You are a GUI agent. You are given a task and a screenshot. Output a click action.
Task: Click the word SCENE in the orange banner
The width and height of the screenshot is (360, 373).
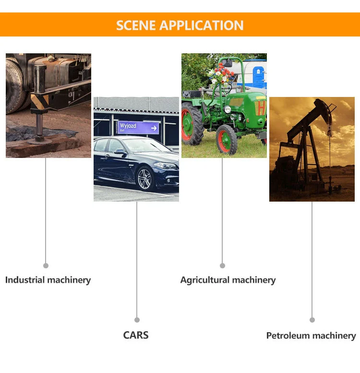[136, 25]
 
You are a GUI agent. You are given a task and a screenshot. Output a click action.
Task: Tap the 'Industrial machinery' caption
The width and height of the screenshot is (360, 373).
[48, 280]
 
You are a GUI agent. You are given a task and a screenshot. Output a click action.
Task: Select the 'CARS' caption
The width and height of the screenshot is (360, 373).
[136, 335]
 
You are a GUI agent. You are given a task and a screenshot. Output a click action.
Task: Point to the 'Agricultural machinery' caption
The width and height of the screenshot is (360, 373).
[228, 280]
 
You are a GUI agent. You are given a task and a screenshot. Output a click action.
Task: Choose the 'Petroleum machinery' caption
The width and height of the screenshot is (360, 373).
[311, 336]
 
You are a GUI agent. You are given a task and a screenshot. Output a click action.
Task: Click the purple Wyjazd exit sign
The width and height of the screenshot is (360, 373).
[138, 127]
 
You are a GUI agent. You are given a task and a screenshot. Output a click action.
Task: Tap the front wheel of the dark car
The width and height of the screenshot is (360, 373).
[146, 179]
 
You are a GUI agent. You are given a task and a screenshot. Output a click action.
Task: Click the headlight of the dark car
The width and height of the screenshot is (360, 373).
[166, 166]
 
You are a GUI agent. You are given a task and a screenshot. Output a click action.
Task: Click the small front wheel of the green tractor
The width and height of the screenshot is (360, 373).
[227, 139]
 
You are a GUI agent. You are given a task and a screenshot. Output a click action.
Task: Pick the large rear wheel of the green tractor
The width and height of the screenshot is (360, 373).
[192, 124]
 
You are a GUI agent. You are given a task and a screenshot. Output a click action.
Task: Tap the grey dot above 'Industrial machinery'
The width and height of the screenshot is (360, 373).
[46, 265]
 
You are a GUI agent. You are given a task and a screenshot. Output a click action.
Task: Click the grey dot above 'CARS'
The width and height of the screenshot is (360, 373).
[137, 320]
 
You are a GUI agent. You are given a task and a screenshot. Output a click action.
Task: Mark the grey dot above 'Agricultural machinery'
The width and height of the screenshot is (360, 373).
[222, 265]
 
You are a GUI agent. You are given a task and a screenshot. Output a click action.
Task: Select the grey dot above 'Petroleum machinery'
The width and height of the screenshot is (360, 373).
[312, 320]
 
